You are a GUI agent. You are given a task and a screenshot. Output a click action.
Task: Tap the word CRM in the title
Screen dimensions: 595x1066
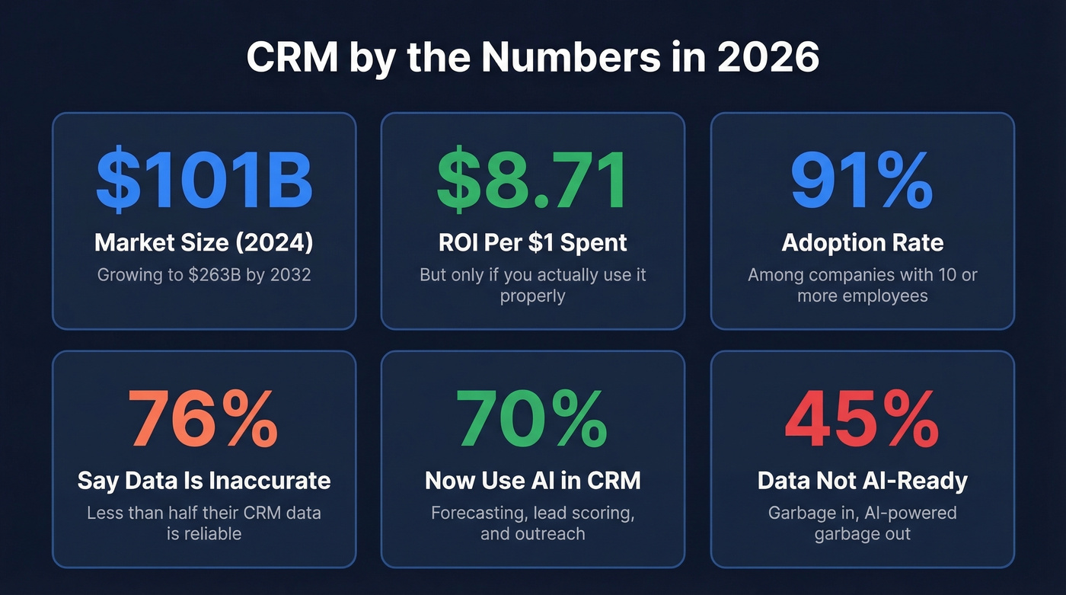pos(291,58)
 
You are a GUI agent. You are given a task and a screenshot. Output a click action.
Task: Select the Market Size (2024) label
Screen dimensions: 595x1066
pos(203,243)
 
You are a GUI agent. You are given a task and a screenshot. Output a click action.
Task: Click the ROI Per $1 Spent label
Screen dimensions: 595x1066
pos(532,243)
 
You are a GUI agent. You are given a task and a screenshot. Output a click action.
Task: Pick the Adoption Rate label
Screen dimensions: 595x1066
pos(862,243)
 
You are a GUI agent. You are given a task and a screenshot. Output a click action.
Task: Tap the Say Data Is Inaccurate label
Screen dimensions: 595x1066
pos(203,481)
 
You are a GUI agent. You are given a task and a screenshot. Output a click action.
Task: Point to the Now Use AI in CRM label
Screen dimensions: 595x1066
pos(532,481)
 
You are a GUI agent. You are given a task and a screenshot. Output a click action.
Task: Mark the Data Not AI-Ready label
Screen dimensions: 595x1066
pos(862,481)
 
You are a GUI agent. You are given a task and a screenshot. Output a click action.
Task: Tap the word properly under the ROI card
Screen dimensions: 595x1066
pos(532,296)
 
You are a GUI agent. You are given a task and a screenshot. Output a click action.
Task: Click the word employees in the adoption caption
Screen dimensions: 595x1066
pos(885,296)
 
